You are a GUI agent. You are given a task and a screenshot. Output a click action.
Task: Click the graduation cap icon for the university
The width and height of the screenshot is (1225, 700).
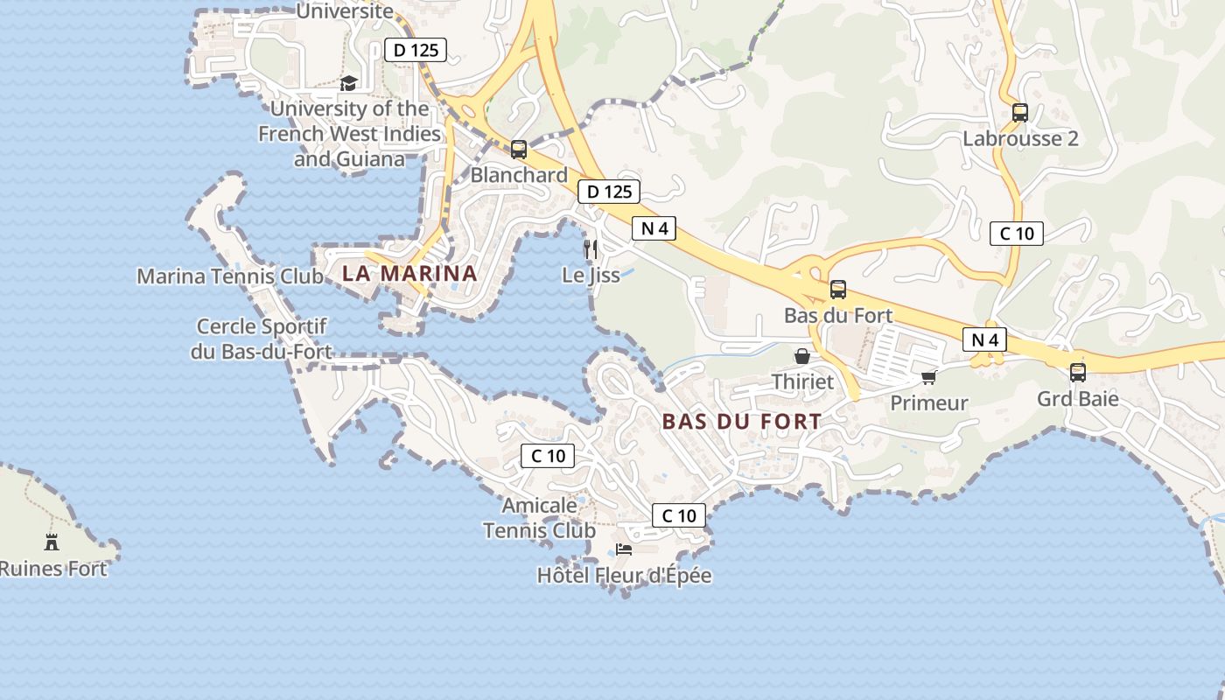pyautogui.click(x=349, y=84)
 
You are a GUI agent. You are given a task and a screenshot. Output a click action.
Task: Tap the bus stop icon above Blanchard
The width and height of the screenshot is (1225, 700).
pyautogui.click(x=519, y=150)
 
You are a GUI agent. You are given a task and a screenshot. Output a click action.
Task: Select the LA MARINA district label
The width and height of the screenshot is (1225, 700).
pyautogui.click(x=409, y=273)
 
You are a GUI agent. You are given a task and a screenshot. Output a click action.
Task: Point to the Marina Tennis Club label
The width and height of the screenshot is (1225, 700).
pyautogui.click(x=230, y=276)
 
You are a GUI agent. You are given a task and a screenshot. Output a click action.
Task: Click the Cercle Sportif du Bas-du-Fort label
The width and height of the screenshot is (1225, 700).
pyautogui.click(x=262, y=339)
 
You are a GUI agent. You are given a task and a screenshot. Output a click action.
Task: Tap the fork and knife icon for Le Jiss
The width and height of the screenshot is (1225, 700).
pyautogui.click(x=591, y=249)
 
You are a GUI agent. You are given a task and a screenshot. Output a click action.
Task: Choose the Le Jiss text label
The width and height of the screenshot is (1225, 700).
pyautogui.click(x=591, y=276)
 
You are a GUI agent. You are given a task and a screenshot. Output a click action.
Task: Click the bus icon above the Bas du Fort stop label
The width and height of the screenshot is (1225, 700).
pyautogui.click(x=838, y=290)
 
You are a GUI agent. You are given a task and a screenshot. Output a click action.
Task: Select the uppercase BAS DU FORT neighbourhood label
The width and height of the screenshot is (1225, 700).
pyautogui.click(x=742, y=422)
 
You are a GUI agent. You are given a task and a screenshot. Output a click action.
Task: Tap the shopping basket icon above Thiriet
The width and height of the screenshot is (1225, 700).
pyautogui.click(x=801, y=356)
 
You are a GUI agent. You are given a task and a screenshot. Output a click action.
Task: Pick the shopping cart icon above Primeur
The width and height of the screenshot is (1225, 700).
pyautogui.click(x=928, y=377)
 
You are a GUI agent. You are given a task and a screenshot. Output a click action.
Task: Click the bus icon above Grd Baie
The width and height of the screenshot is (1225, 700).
pyautogui.click(x=1078, y=373)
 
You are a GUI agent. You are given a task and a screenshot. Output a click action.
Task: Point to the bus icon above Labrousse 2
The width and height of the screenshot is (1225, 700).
pyautogui.click(x=1020, y=113)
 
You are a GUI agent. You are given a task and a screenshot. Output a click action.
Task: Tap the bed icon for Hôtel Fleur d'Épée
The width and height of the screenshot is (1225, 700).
pyautogui.click(x=624, y=549)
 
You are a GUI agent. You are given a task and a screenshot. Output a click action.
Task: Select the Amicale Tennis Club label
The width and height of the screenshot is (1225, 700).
pyautogui.click(x=539, y=518)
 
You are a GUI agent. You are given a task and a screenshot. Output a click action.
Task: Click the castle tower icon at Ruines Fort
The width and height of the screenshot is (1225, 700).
pyautogui.click(x=52, y=542)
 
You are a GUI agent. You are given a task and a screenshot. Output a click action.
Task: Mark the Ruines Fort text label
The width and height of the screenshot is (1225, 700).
pyautogui.click(x=53, y=569)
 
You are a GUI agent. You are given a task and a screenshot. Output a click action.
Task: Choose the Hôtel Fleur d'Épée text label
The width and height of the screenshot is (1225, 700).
pyautogui.click(x=624, y=576)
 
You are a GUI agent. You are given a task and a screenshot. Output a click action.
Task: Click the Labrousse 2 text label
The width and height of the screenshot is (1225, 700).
pyautogui.click(x=1020, y=139)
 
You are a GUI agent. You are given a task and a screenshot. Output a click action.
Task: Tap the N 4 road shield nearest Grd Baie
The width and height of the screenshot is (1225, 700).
pyautogui.click(x=984, y=339)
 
